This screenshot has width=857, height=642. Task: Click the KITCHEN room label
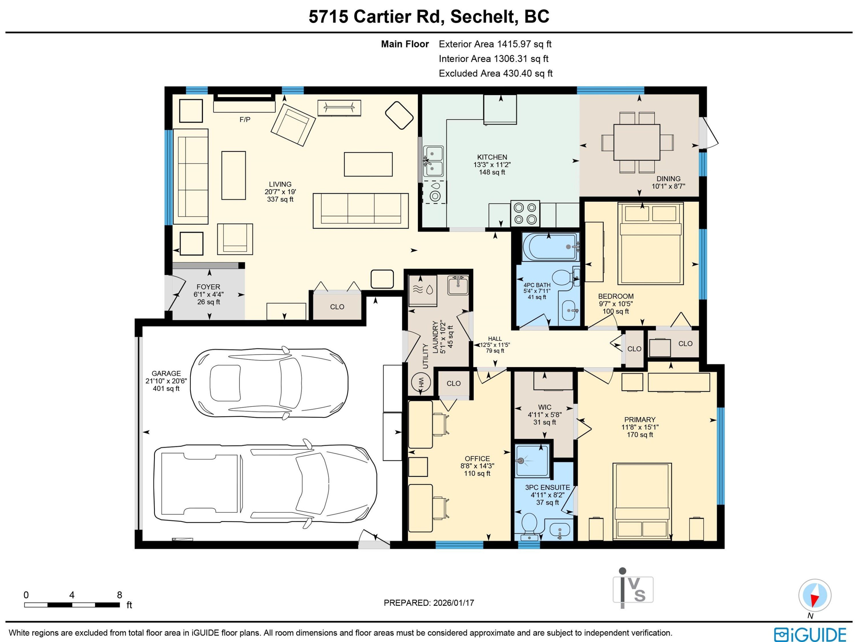coord(492,157)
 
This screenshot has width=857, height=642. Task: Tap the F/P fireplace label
coord(245,119)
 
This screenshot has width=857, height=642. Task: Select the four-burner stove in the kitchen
coord(525,213)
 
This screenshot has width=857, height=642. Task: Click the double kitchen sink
coord(433,161)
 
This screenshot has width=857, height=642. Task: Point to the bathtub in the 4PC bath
coord(550,247)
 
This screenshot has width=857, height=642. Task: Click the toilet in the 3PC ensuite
coord(529,527)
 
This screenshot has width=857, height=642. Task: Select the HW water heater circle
coord(422,382)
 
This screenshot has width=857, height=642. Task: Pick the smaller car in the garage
coord(269,383)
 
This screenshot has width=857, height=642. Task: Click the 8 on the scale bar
coord(119,595)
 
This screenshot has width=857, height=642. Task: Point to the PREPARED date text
coord(429,603)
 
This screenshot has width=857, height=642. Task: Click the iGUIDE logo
coord(810,635)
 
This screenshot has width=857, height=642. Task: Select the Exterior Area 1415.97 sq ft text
coord(495,44)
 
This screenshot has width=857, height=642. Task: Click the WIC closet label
coord(544,407)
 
